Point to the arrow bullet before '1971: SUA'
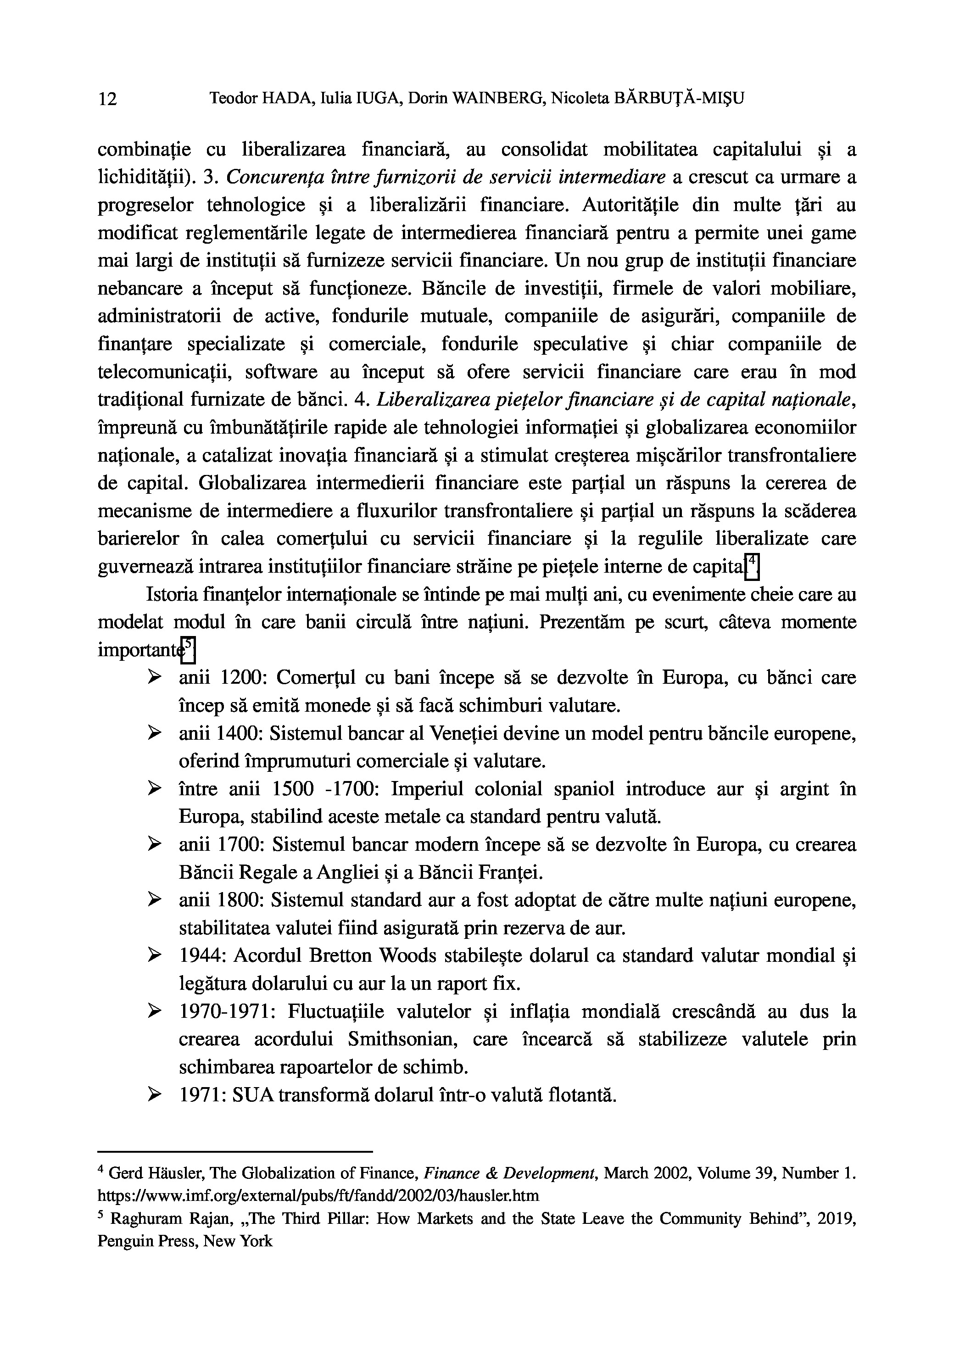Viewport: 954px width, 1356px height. coord(155,1095)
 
